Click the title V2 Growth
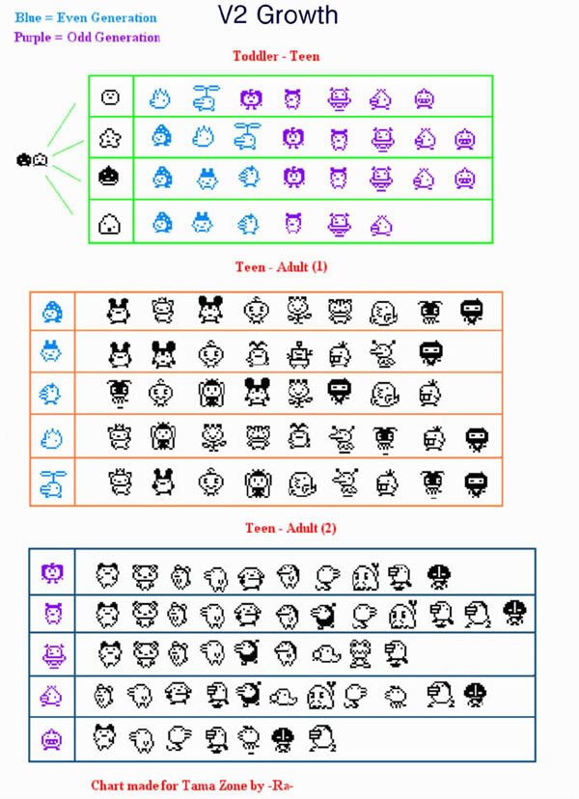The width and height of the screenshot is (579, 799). pyautogui.click(x=278, y=15)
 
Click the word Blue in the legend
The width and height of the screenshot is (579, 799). pyautogui.click(x=28, y=18)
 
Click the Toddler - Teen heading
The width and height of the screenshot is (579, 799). pyautogui.click(x=276, y=56)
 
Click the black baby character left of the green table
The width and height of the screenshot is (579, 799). pyautogui.click(x=24, y=159)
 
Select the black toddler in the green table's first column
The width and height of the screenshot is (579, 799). pyautogui.click(x=110, y=177)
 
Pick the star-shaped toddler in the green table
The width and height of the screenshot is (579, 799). pyautogui.click(x=110, y=137)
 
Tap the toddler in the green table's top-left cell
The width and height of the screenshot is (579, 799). pyautogui.click(x=110, y=97)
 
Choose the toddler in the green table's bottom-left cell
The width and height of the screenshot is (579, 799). pyautogui.click(x=110, y=224)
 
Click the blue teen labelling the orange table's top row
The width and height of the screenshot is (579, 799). pyautogui.click(x=52, y=312)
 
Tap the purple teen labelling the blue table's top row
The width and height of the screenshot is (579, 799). pyautogui.click(x=52, y=574)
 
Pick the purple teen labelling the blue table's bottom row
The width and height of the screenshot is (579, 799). pyautogui.click(x=52, y=740)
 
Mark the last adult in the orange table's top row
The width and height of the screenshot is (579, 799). pyautogui.click(x=472, y=311)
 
